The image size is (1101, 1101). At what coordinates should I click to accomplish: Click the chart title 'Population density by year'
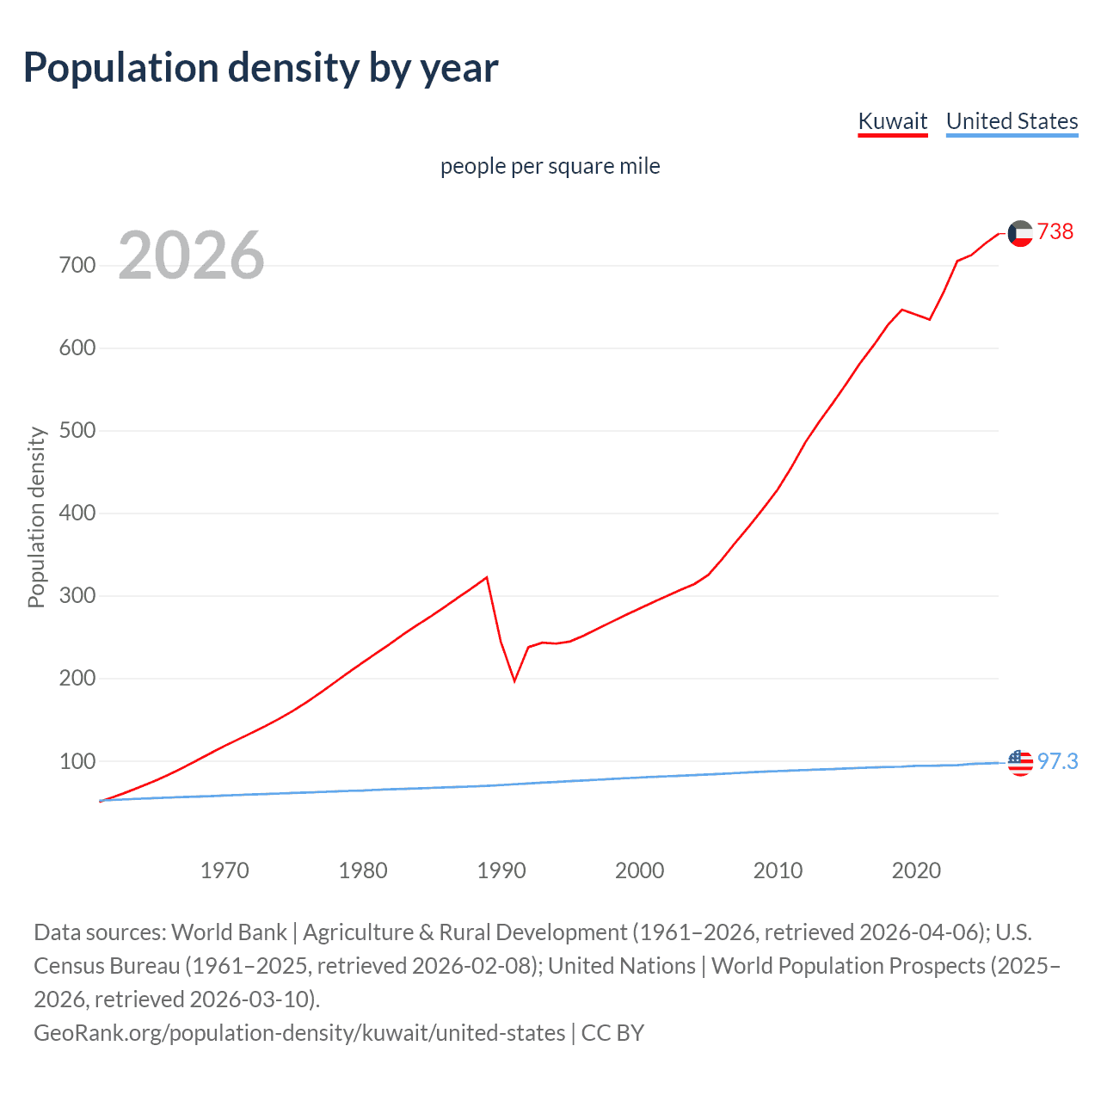pos(261,68)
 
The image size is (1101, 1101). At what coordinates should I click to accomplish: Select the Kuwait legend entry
pos(893,121)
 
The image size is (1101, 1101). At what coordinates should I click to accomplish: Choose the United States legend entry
pos(1012,121)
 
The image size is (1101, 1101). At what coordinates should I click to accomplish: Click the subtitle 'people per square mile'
pos(550,166)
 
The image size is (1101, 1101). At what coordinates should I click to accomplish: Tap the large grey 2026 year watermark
pos(191,255)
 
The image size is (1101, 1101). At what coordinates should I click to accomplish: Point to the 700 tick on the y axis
pos(77,265)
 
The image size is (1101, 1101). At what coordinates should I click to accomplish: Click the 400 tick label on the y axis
pos(77,514)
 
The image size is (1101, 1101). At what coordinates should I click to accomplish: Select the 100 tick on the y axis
pos(77,761)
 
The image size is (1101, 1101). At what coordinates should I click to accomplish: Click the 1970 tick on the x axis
pos(225,870)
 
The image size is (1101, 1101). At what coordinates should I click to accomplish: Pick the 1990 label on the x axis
pos(501,870)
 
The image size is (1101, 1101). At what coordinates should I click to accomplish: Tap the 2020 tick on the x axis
pos(916,870)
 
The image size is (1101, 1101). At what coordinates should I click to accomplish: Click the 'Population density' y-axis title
pos(36,518)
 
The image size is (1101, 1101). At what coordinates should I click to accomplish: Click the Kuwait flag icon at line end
pos(1020,233)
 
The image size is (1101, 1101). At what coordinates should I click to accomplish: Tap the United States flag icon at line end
pos(1020,762)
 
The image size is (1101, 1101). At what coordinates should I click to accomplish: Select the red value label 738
pos(1055,232)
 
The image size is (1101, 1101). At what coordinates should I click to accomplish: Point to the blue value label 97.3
pos(1057,762)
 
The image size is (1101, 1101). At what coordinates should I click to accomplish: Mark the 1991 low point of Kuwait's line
pos(514,680)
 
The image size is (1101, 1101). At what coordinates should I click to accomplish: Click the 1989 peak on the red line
pos(487,577)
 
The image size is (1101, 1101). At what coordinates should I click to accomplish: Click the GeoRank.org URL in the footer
pos(299,1032)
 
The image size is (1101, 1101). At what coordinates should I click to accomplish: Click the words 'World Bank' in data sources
pos(229,932)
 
